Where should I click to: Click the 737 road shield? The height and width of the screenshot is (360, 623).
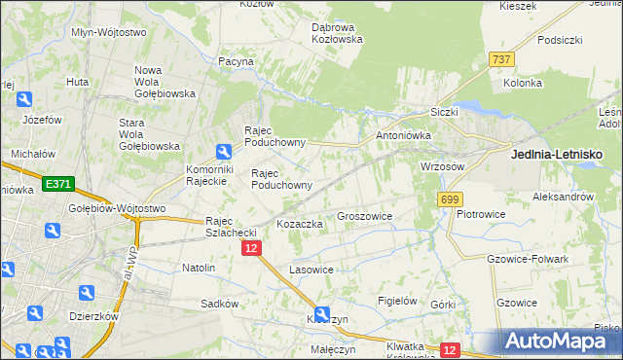coord(501,60)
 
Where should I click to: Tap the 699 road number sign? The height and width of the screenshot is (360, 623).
coord(449,199)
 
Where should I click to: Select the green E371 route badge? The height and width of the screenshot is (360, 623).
coord(56,183)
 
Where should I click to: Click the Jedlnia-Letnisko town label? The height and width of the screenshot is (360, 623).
coord(557,155)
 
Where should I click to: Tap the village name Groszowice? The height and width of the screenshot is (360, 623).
coord(364,216)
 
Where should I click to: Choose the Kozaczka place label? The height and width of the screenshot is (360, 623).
coord(299,224)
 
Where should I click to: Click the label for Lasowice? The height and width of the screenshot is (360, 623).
coord(311,270)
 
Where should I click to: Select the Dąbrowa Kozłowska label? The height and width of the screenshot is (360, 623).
coord(336,33)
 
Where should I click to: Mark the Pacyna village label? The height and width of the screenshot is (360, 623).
coord(236,61)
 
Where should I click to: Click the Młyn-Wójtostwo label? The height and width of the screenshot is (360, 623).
coord(109,32)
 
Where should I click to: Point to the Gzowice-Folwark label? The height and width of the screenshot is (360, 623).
coord(526,259)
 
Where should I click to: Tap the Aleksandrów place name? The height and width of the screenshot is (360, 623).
coord(563,197)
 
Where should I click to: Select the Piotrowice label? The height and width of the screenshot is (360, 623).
coord(486,213)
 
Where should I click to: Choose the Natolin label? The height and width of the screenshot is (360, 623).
coord(199,267)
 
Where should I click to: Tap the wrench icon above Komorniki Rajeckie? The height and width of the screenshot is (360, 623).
coord(223,151)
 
